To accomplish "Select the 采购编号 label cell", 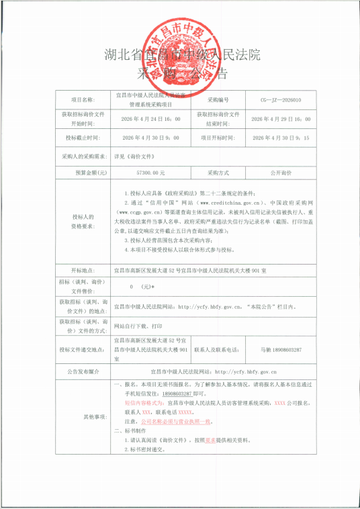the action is click(x=218, y=99).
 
